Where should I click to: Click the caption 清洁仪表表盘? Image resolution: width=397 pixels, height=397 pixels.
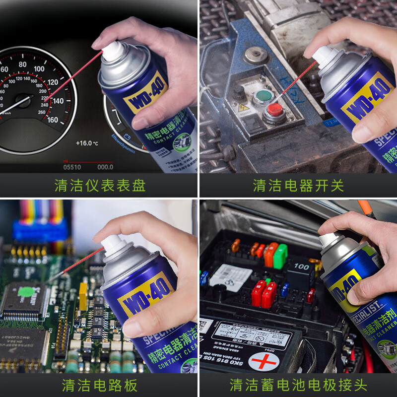pos(99,186)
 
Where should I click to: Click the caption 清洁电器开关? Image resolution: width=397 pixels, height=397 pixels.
pos(298,186)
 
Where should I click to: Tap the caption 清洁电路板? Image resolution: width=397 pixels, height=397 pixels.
pos(99,385)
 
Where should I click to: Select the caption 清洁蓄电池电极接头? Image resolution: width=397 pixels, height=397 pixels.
pos(298,385)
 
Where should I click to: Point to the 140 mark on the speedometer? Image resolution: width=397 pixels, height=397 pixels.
pos(57,101)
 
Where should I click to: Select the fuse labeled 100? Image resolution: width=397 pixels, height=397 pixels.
pos(300,267)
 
